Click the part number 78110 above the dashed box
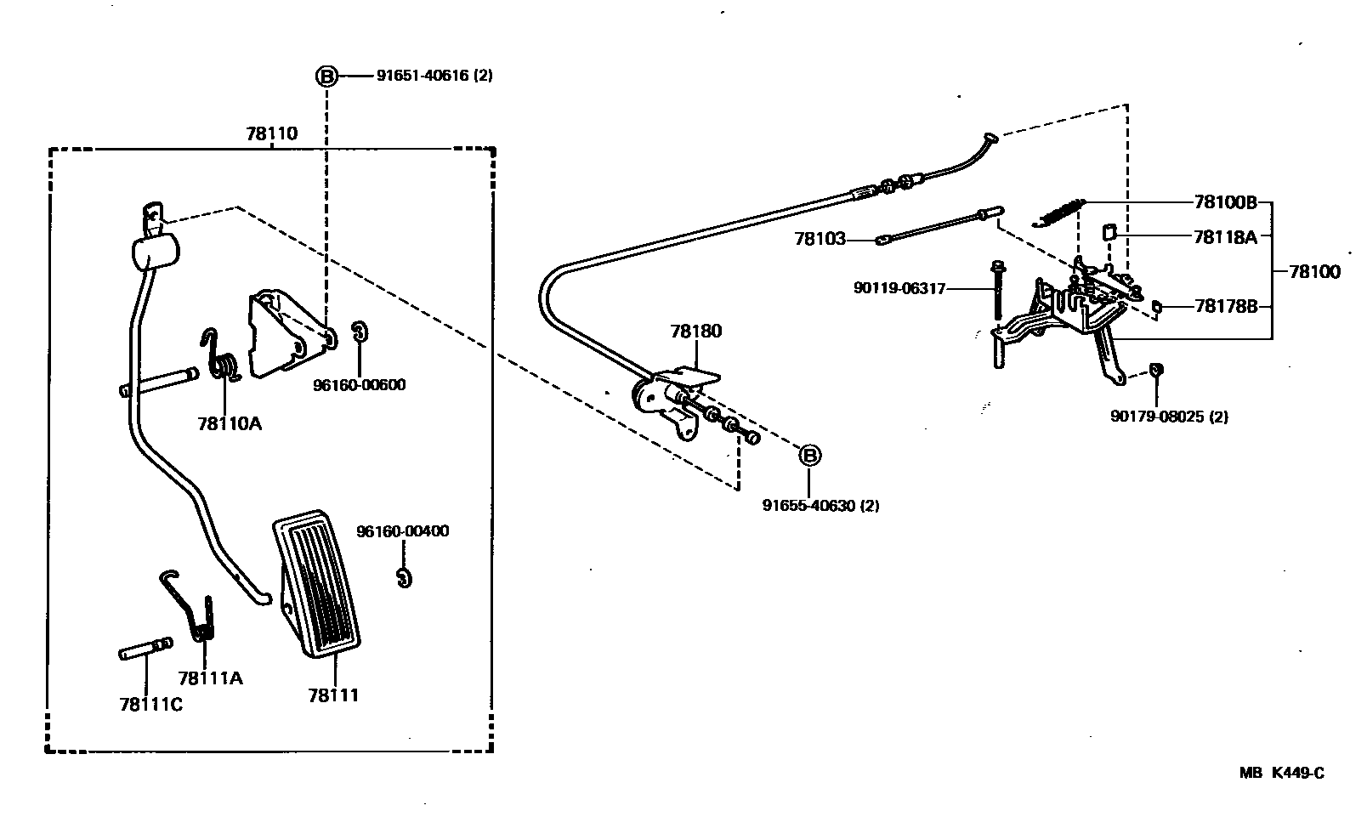(272, 133)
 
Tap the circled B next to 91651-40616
(327, 76)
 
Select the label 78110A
(230, 423)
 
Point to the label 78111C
(150, 704)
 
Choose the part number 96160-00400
(402, 531)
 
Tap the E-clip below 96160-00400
(405, 577)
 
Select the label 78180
(695, 331)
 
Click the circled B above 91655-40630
(810, 456)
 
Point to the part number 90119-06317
(899, 289)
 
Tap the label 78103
(820, 240)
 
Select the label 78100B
(1225, 202)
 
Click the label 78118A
(1224, 237)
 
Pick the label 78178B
(1225, 306)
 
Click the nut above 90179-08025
(1155, 370)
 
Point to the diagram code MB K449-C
(1281, 773)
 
